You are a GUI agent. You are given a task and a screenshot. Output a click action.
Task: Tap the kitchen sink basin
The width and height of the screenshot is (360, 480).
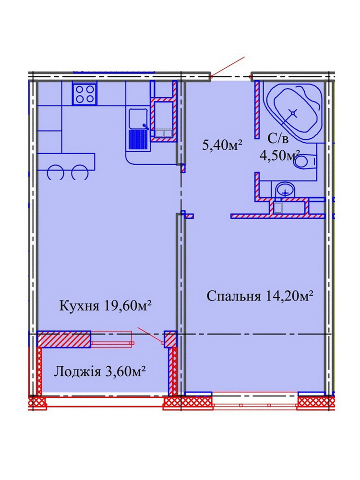point(138,119)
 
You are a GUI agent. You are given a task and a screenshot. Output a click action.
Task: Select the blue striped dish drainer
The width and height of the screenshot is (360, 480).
point(138,140)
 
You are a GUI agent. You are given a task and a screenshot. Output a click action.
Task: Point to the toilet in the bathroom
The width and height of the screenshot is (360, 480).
point(305,160)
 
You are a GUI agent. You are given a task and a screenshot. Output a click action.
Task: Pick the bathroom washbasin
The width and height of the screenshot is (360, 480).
point(285,190)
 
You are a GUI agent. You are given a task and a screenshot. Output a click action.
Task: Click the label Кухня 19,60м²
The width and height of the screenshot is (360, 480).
point(106,305)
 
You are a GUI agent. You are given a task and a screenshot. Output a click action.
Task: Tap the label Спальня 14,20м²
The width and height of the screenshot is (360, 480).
point(260,296)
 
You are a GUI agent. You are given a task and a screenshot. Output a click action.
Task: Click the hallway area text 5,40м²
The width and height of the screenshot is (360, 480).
point(222,144)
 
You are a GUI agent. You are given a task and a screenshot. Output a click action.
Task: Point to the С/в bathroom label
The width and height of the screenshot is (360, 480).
point(278,140)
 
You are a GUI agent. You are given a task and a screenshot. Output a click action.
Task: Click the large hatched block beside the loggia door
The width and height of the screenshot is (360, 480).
point(64,339)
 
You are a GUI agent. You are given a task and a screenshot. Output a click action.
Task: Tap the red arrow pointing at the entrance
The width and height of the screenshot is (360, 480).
point(228,67)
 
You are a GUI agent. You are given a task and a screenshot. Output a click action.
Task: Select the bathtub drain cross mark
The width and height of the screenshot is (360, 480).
point(293,114)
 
